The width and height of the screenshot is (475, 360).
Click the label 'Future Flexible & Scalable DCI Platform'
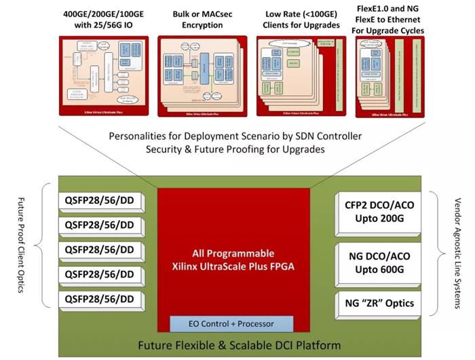point(240,346)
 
